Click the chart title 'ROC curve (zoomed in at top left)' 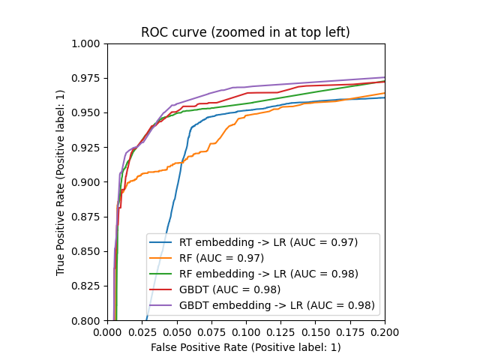(x=245, y=32)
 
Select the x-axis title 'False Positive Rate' (x=245, y=347)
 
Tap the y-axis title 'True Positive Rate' (x=61, y=182)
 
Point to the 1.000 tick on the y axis (x=89, y=43)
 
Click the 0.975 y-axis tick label (x=89, y=78)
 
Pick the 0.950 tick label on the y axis (x=89, y=112)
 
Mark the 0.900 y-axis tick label (x=89, y=182)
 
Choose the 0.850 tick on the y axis (x=89, y=251)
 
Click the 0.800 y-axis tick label (x=89, y=320)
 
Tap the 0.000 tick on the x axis (x=107, y=331)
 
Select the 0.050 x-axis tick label (x=177, y=331)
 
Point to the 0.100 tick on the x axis (x=246, y=331)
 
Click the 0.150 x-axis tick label (x=315, y=331)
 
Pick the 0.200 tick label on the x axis (x=384, y=331)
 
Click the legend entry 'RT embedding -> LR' (x=268, y=242)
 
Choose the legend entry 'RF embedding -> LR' (x=268, y=274)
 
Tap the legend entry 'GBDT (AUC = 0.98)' (x=229, y=289)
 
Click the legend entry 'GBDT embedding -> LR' (x=277, y=305)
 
